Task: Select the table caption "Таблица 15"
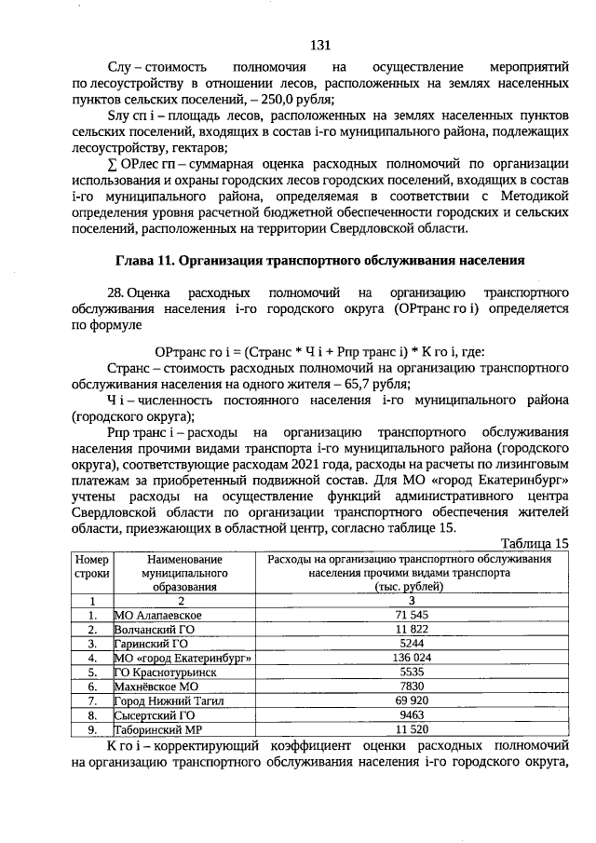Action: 534,543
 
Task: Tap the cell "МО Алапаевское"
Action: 157,616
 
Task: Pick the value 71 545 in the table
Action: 411,616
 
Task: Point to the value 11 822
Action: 411,630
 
